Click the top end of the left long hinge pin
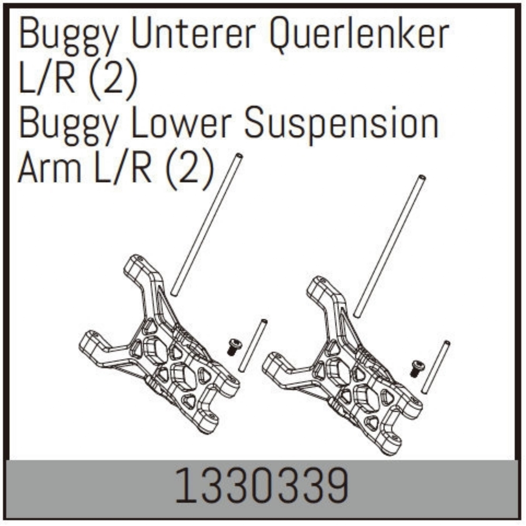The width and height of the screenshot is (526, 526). pyautogui.click(x=239, y=156)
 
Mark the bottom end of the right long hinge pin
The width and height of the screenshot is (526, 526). pyautogui.click(x=356, y=315)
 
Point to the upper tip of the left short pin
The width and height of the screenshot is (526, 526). pyautogui.click(x=264, y=321)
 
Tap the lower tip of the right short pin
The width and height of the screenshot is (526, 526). pyautogui.click(x=424, y=392)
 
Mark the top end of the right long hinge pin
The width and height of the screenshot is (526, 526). pyautogui.click(x=422, y=178)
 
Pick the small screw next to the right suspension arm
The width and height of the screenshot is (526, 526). pyautogui.click(x=417, y=369)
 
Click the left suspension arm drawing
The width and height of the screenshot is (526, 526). pyautogui.click(x=160, y=341)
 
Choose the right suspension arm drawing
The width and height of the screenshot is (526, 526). pyautogui.click(x=342, y=363)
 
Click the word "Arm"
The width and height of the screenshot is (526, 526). pyautogui.click(x=50, y=168)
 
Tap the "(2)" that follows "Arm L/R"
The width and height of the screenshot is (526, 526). pyautogui.click(x=188, y=170)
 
